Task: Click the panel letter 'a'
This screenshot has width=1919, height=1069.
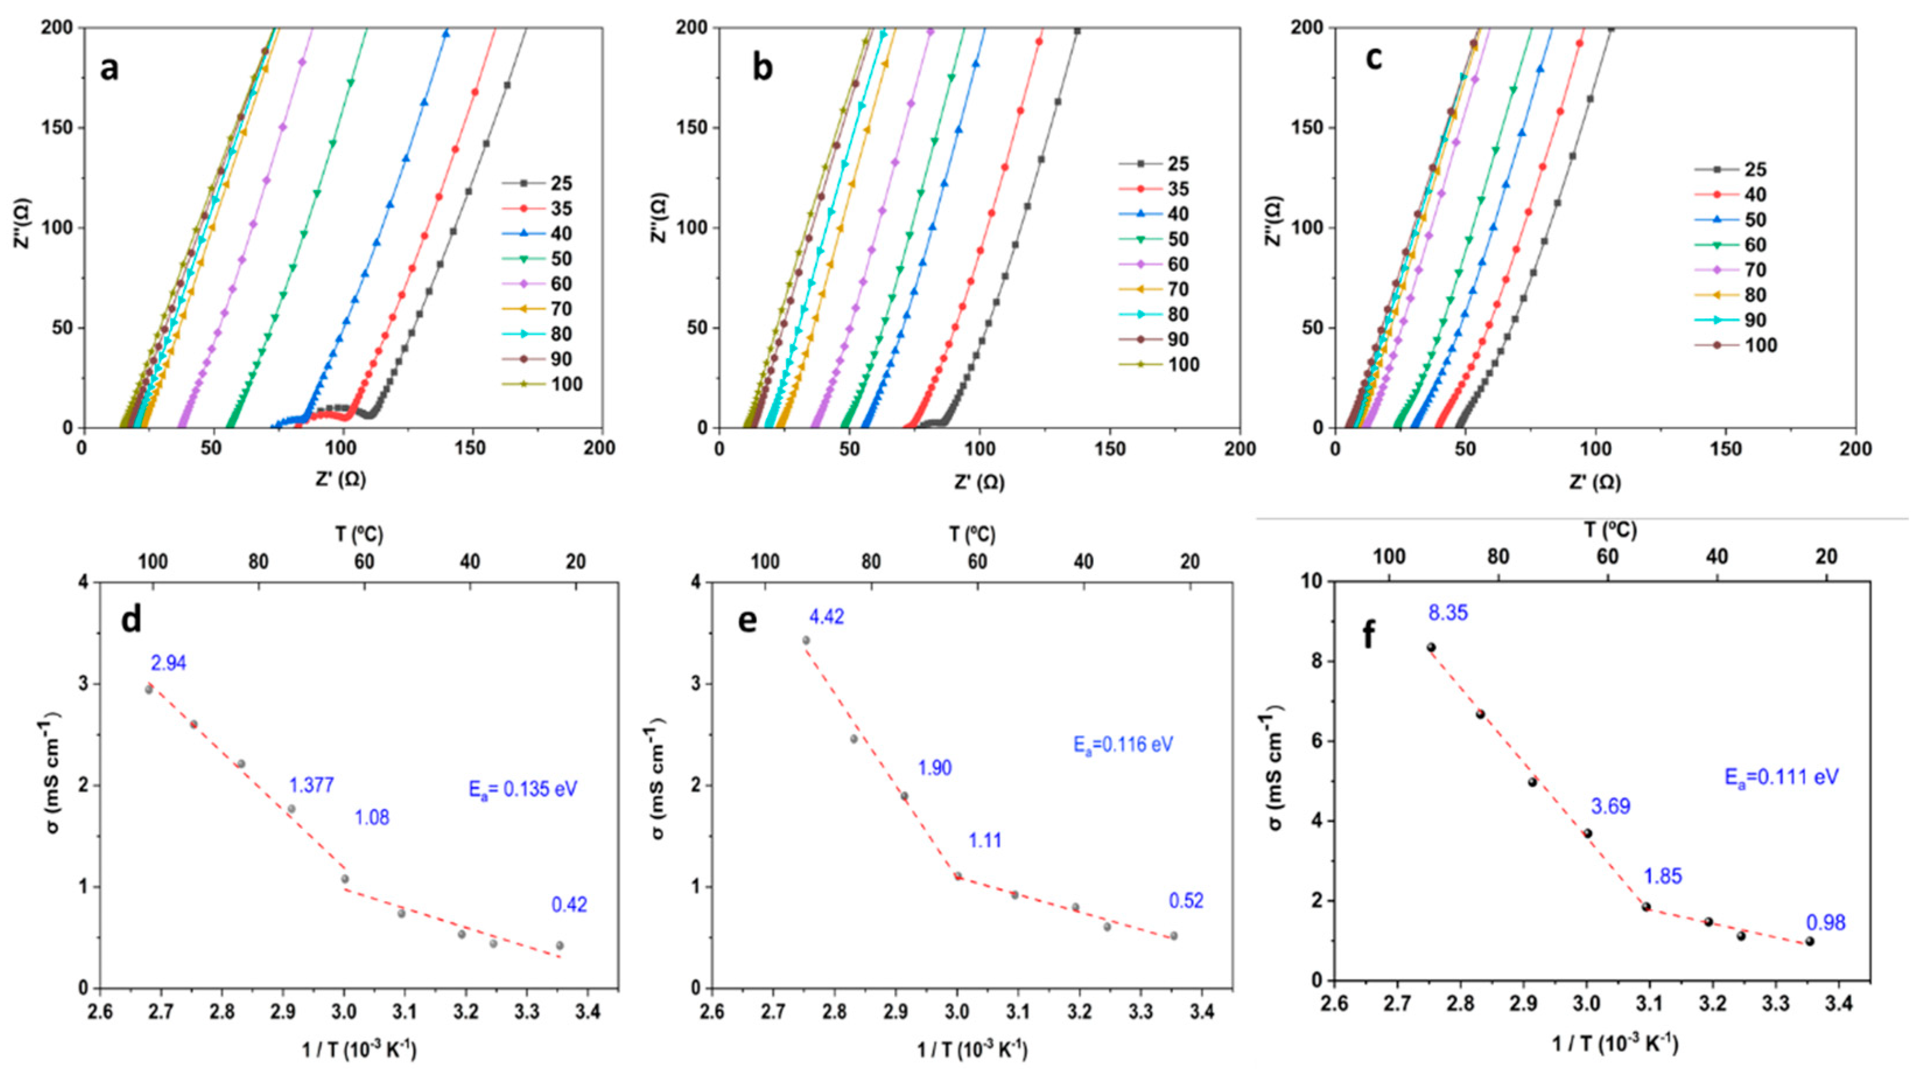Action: [110, 69]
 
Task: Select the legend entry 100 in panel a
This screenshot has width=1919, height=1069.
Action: [564, 385]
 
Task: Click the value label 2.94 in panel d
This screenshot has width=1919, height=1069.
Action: [169, 663]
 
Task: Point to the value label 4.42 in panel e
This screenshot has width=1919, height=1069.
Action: [827, 617]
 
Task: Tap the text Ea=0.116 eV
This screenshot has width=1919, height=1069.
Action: [1124, 744]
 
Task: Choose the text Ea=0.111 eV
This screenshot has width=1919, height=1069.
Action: [1782, 777]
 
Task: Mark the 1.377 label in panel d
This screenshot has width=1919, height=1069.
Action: [311, 784]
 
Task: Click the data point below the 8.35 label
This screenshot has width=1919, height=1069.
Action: [1431, 647]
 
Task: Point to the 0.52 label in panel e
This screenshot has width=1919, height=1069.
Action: [1186, 902]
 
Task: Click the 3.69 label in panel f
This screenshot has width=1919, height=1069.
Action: [1611, 806]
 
